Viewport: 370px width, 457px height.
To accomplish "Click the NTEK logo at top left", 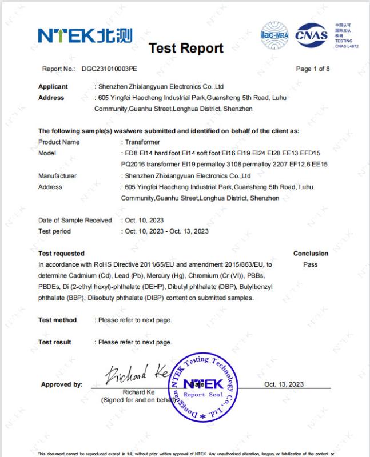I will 85,35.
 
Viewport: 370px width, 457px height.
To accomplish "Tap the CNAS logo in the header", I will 312,35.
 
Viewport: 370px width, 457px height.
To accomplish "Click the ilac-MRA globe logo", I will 275,33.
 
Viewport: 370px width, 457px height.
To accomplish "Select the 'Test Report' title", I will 186,49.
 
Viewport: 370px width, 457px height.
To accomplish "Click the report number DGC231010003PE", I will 109,69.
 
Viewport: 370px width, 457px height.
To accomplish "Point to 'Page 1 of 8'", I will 313,69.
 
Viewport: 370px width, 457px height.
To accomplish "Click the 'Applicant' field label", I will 53,87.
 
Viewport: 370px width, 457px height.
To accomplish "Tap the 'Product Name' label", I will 59,142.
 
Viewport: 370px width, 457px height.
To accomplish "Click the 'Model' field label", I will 47,153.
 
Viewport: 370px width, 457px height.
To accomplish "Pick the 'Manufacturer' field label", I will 57,176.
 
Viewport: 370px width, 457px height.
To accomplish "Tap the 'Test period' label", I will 54,231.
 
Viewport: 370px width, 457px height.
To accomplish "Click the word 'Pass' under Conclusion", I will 311,264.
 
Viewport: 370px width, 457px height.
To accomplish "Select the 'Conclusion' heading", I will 311,254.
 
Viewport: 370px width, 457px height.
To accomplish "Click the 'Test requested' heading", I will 61,254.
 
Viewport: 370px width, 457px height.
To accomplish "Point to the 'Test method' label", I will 57,320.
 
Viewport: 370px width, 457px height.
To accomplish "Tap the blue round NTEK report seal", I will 204,387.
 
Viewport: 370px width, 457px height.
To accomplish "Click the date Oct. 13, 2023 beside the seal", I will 284,384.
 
